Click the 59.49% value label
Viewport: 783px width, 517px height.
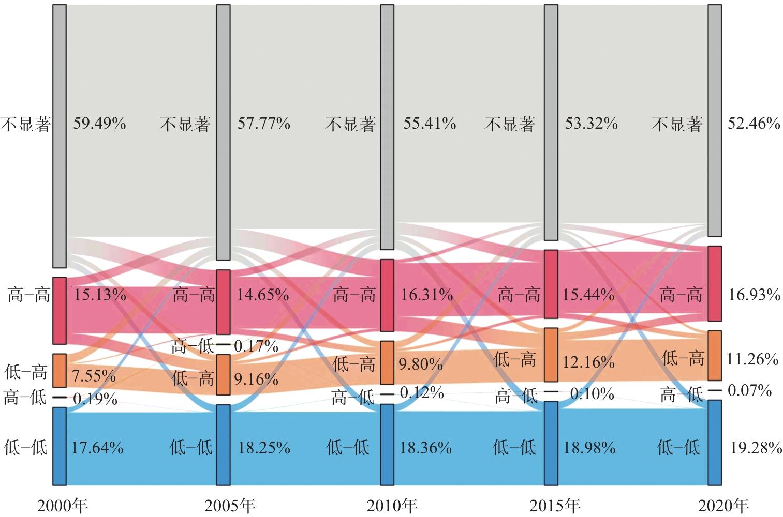[x=99, y=124]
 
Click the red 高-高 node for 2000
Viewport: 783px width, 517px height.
[x=60, y=310]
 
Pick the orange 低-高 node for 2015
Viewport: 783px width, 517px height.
[x=551, y=355]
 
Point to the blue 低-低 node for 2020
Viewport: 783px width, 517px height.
[x=715, y=442]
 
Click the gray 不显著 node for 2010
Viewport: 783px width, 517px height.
[x=387, y=127]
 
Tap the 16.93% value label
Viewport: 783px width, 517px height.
[x=754, y=295]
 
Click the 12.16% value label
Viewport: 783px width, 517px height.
[x=589, y=362]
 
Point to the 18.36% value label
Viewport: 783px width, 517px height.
[x=425, y=447]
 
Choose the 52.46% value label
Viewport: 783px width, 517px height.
[x=754, y=124]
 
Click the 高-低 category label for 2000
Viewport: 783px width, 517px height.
[x=25, y=398]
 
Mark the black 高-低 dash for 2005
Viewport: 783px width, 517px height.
[x=223, y=344]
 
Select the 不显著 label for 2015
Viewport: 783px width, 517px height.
[x=510, y=124]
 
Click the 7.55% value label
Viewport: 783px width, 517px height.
[x=94, y=376]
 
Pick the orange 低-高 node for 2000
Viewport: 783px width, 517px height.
[x=60, y=370]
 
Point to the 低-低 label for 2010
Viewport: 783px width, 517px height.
[x=348, y=447]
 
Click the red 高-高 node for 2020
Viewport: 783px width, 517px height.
[x=715, y=283]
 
